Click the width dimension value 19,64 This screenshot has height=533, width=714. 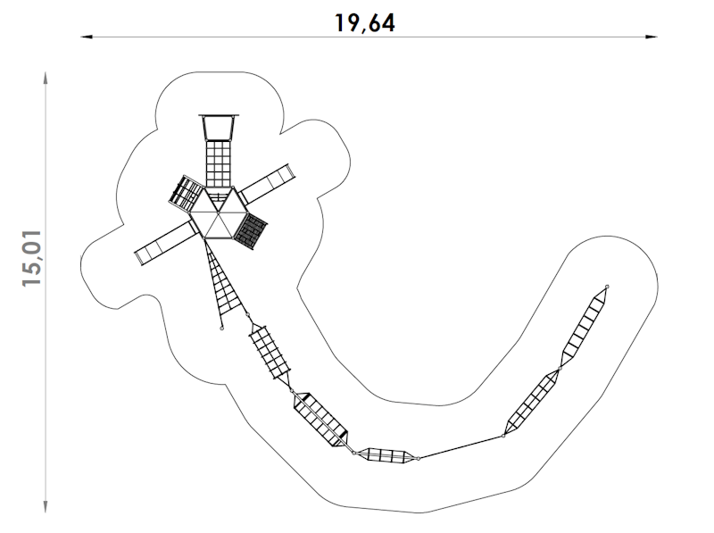pyautogui.click(x=365, y=23)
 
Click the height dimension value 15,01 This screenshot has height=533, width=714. pyautogui.click(x=32, y=258)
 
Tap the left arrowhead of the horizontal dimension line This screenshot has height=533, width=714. pyautogui.click(x=87, y=37)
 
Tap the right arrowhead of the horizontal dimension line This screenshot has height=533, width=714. pyautogui.click(x=652, y=37)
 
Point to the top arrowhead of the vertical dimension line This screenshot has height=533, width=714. pyautogui.click(x=46, y=78)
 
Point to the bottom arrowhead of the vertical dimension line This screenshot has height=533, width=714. pyautogui.click(x=46, y=506)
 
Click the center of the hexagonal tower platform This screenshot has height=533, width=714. pyautogui.click(x=219, y=212)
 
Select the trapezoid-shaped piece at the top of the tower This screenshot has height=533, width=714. pyautogui.click(x=219, y=127)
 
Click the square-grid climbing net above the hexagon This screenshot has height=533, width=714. pyautogui.click(x=219, y=163)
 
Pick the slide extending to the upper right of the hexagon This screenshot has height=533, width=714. pyautogui.click(x=268, y=185)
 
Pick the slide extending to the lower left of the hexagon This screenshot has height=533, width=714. pyautogui.click(x=167, y=243)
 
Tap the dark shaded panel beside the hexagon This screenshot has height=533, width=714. pyautogui.click(x=251, y=231)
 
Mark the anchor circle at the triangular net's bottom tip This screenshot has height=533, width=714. pyautogui.click(x=221, y=328)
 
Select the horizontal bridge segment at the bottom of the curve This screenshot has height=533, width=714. pyautogui.click(x=386, y=454)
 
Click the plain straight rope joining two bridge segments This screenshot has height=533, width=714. pyautogui.click(x=461, y=447)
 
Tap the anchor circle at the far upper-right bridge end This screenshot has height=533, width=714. pyautogui.click(x=607, y=287)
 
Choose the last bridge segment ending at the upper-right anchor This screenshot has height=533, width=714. pyautogui.click(x=585, y=326)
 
